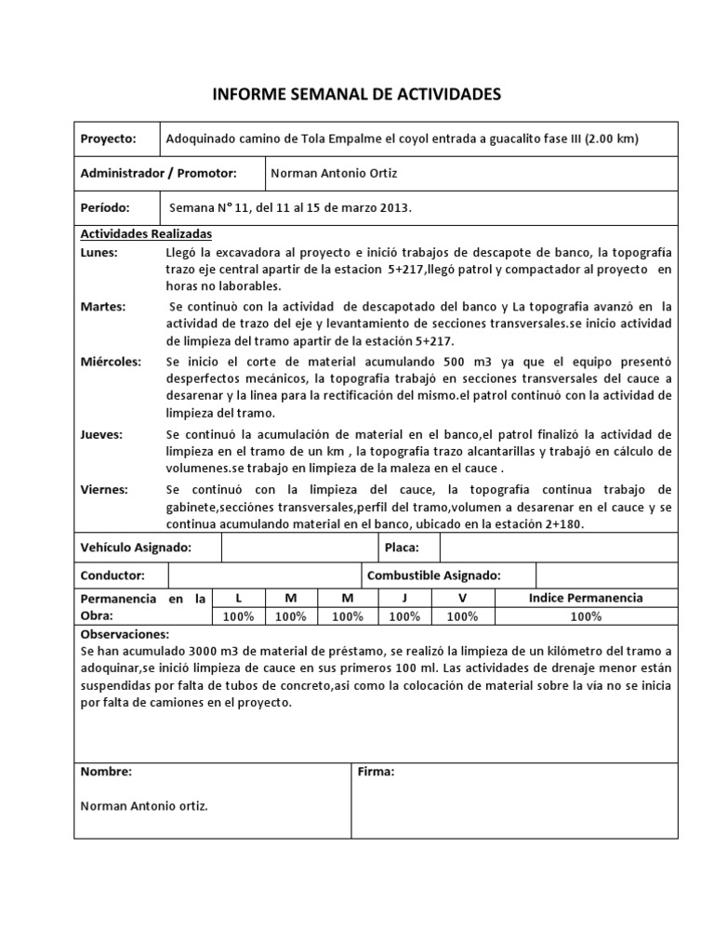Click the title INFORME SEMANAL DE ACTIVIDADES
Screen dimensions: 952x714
click(357, 94)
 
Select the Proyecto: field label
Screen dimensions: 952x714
click(109, 138)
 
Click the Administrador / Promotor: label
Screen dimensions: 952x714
click(159, 173)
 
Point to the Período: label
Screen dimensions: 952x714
click(105, 208)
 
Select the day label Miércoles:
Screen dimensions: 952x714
click(112, 361)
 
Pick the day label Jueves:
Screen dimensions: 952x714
click(102, 434)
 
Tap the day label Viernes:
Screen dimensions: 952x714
click(105, 489)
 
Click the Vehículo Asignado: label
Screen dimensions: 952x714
click(137, 549)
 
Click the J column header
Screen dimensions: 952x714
click(403, 598)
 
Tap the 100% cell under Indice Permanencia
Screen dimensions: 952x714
click(585, 616)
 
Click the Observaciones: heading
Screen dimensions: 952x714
click(125, 634)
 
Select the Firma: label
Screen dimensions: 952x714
click(377, 772)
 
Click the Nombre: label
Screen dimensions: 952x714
click(106, 772)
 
